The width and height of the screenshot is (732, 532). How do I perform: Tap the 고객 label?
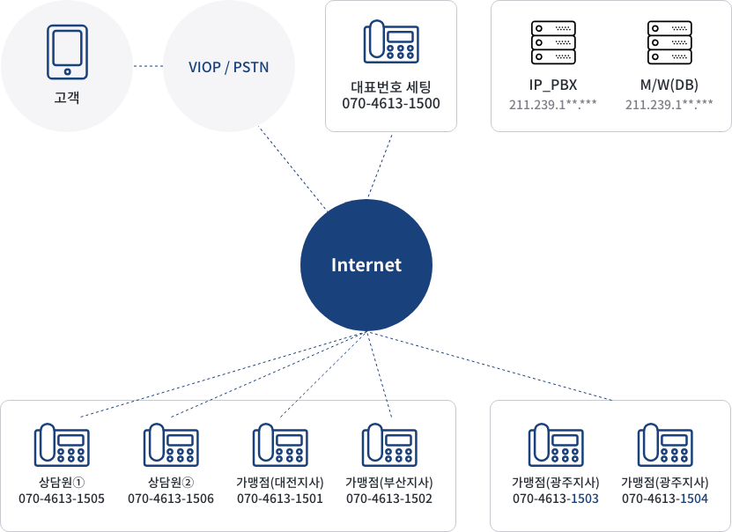(66, 96)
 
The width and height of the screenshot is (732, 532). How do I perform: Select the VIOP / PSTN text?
(228, 67)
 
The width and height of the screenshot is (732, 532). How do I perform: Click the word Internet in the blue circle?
(366, 265)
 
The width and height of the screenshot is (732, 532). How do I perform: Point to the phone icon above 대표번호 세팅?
(390, 42)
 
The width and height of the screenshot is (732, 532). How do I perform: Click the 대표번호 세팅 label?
(390, 87)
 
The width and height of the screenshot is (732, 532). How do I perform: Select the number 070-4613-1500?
(390, 104)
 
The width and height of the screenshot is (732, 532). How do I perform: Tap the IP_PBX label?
(552, 85)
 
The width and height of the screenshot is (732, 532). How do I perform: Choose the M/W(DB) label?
(669, 85)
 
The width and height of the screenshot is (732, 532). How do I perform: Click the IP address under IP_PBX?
(552, 105)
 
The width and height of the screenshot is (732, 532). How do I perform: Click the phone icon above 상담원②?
(170, 445)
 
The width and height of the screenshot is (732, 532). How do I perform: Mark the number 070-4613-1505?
(61, 499)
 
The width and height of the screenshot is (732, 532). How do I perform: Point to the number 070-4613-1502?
(388, 499)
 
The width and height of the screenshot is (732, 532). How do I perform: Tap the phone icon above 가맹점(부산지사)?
(388, 445)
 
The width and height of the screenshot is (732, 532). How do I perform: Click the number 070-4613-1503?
(555, 499)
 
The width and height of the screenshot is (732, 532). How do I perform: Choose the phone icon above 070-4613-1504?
(664, 445)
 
